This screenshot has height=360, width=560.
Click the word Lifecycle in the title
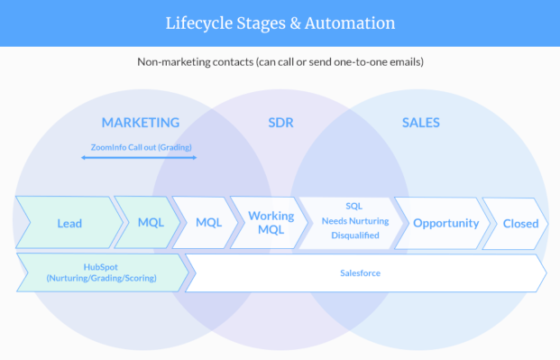pyautogui.click(x=199, y=23)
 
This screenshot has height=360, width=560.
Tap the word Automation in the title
pyautogui.click(x=350, y=23)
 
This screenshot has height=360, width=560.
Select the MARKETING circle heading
pyautogui.click(x=141, y=123)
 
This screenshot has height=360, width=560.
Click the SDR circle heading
pyautogui.click(x=280, y=123)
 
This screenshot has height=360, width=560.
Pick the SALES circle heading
pyautogui.click(x=421, y=123)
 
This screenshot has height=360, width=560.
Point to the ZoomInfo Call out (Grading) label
pyautogui.click(x=141, y=147)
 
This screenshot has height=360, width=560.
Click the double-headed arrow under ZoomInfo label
pyautogui.click(x=139, y=157)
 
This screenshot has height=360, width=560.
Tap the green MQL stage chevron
pyautogui.click(x=148, y=222)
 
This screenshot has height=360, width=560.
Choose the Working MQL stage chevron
pyautogui.click(x=270, y=223)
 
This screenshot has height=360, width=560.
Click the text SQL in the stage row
pyautogui.click(x=353, y=207)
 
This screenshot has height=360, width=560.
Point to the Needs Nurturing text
pyautogui.click(x=355, y=221)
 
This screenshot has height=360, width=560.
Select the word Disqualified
pyautogui.click(x=355, y=235)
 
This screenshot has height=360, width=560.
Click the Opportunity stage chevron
pyautogui.click(x=443, y=223)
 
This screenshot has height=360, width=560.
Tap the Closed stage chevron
pyautogui.click(x=516, y=224)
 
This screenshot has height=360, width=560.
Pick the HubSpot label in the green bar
pyautogui.click(x=101, y=267)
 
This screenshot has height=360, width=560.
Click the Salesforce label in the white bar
pyautogui.click(x=361, y=273)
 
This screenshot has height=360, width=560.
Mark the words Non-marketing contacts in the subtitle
pyautogui.click(x=196, y=62)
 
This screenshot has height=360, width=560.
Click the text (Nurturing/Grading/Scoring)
pyautogui.click(x=101, y=278)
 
